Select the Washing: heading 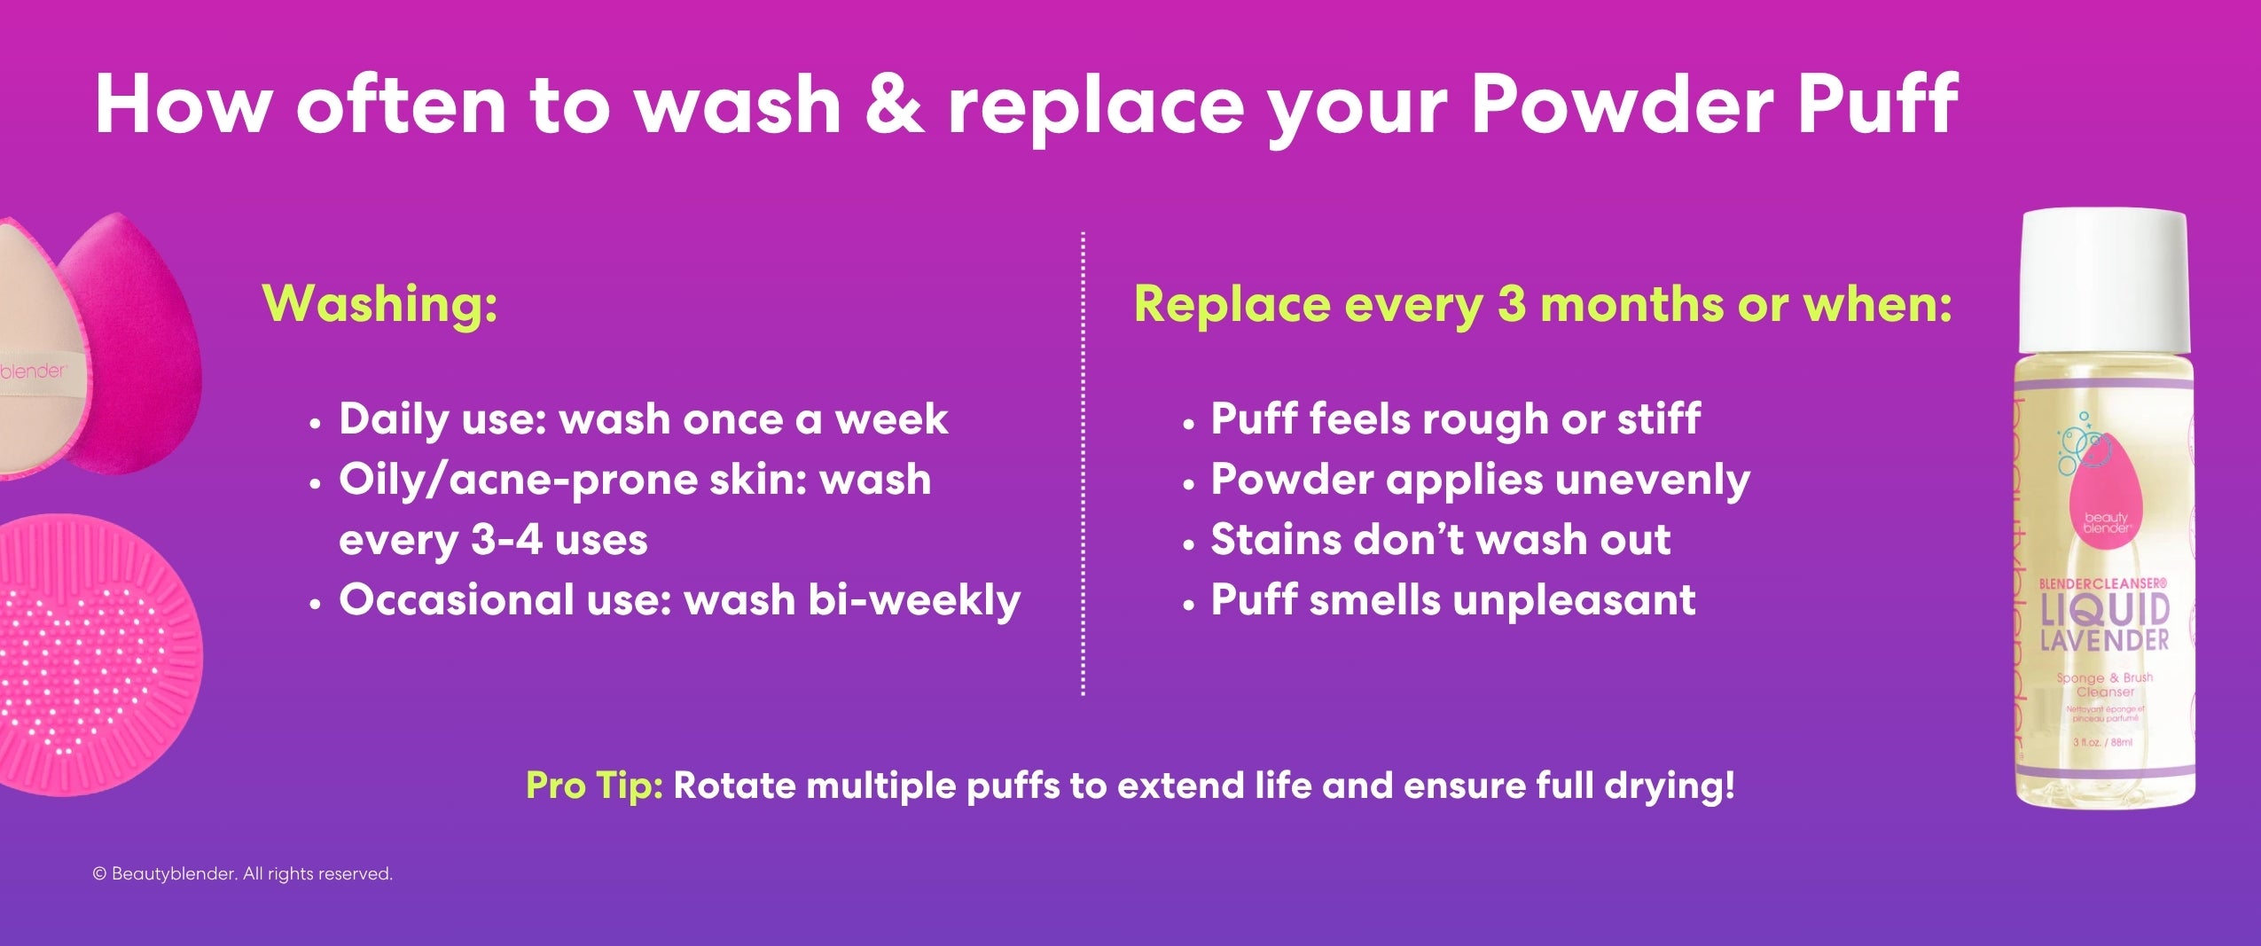pyautogui.click(x=379, y=304)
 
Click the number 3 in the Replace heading pyautogui.click(x=1513, y=304)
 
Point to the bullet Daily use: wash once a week pyautogui.click(x=643, y=418)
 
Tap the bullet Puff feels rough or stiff pyautogui.click(x=1455, y=418)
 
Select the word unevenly pyautogui.click(x=1652, y=480)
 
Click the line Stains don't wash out pyautogui.click(x=1440, y=540)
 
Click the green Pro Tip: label pyautogui.click(x=594, y=786)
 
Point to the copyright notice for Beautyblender pyautogui.click(x=242, y=874)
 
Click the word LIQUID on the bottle pyautogui.click(x=2103, y=611)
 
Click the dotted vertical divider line pyautogui.click(x=1083, y=461)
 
